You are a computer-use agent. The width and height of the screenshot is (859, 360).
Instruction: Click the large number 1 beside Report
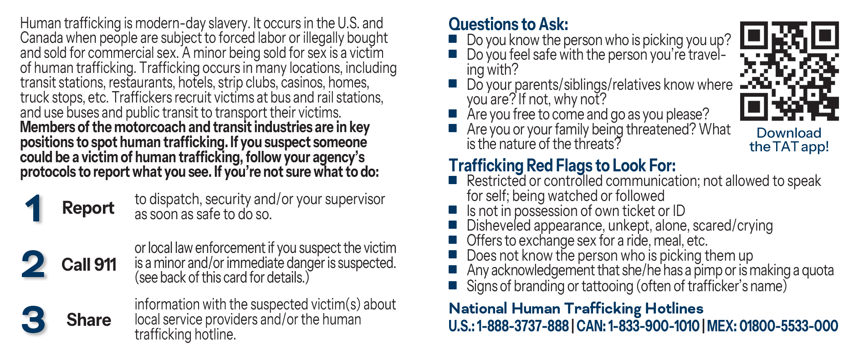point(34,209)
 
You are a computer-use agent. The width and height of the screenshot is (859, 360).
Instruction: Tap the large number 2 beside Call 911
point(34,264)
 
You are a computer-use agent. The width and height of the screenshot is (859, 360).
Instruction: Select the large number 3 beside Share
point(34,319)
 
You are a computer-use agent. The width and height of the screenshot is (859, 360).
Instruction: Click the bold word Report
point(88,208)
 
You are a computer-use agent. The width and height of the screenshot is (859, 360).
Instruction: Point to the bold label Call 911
point(89,265)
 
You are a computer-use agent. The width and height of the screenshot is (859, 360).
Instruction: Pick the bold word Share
point(89,320)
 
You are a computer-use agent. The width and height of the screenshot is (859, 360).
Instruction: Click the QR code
point(789,71)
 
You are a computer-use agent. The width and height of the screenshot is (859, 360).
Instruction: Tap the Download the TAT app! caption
point(789,139)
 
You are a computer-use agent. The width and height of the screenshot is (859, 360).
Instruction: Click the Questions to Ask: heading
point(508,24)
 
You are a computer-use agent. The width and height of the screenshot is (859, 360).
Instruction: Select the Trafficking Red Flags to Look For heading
point(562,165)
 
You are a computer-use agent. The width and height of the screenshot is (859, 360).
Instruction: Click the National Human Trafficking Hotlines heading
point(576,309)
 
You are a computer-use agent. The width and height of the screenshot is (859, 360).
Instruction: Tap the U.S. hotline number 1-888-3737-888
point(522,326)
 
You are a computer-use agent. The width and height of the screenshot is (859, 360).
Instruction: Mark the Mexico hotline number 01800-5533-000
point(788,326)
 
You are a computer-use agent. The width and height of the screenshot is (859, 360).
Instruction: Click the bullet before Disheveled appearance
point(453,225)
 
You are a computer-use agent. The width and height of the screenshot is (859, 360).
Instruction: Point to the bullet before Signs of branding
point(453,286)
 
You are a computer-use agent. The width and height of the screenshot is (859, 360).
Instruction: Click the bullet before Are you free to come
point(453,113)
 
